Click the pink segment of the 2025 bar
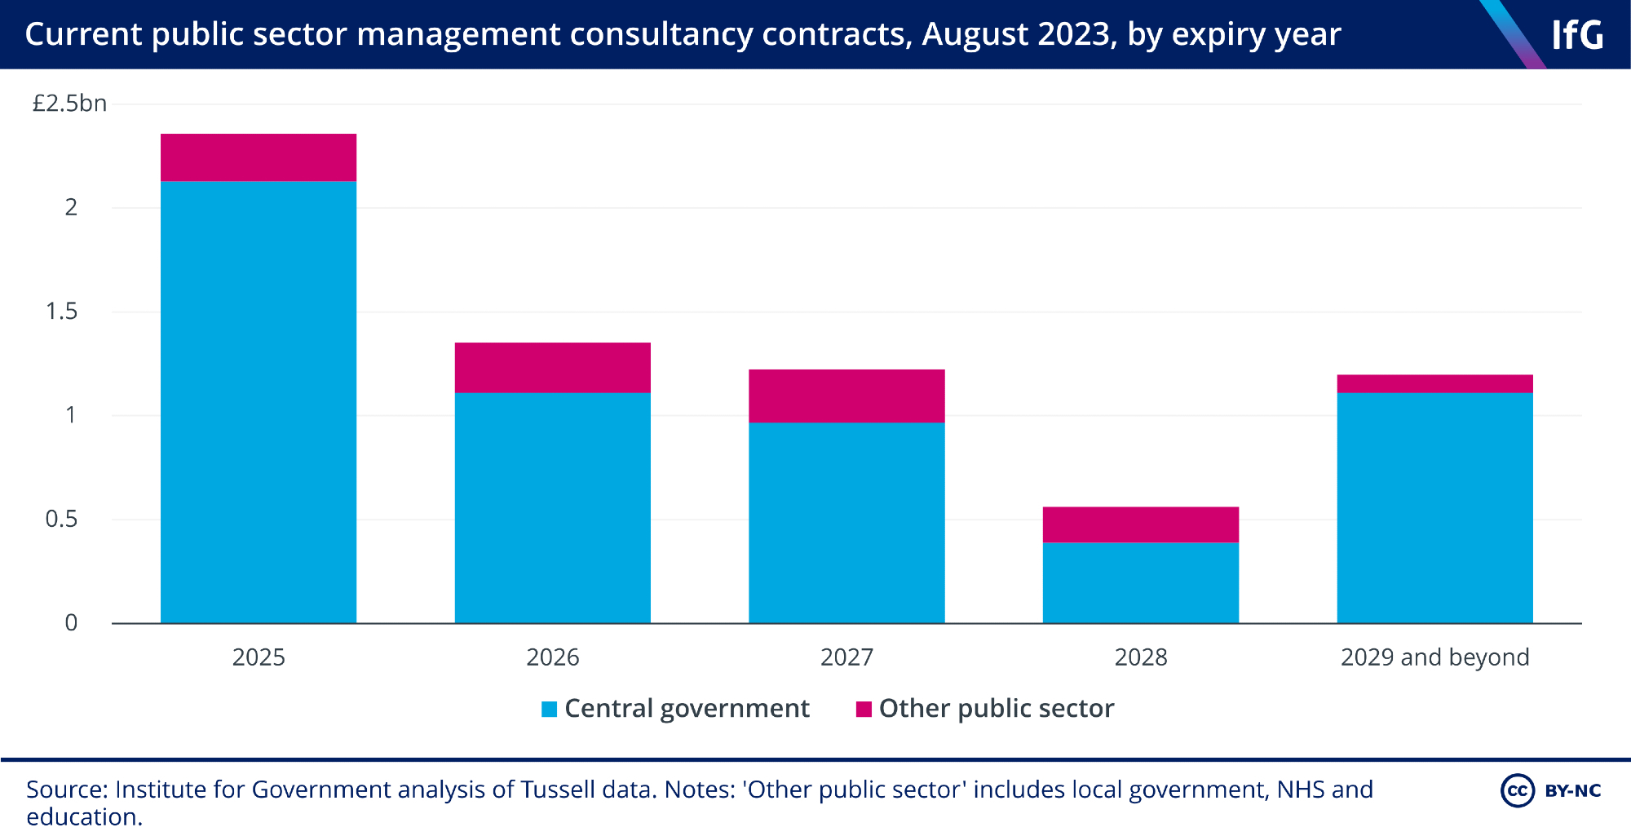(259, 157)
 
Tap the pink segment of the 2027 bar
(846, 396)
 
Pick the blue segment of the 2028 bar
(1140, 582)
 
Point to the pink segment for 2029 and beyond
(1434, 384)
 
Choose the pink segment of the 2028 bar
(1140, 524)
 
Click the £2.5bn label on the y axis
(69, 104)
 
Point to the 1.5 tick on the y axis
(62, 312)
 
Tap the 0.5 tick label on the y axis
(62, 520)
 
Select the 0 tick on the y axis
(71, 623)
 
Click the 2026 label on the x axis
(552, 657)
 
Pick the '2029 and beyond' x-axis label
(1434, 657)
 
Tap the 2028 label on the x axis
(1140, 657)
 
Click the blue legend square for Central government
(550, 710)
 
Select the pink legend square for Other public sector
(864, 710)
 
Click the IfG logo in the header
(1576, 35)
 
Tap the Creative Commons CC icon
(1517, 790)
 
